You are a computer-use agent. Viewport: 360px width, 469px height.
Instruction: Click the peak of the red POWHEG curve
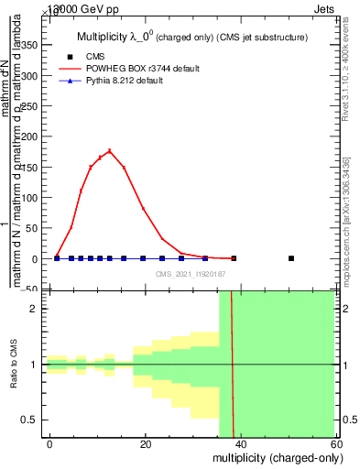pyautogui.click(x=110, y=150)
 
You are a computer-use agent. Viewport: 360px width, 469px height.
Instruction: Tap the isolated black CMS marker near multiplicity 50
pyautogui.click(x=291, y=258)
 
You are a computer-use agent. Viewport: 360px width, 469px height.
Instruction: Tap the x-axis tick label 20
pyautogui.click(x=145, y=443)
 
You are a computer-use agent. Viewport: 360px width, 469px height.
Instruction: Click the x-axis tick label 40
pyautogui.click(x=240, y=443)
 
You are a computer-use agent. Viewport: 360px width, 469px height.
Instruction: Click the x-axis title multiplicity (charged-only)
pyautogui.click(x=274, y=457)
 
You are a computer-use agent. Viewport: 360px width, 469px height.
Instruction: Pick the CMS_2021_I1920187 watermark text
pyautogui.click(x=190, y=273)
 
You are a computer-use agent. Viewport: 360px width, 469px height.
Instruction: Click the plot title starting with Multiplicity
pyautogui.click(x=191, y=38)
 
